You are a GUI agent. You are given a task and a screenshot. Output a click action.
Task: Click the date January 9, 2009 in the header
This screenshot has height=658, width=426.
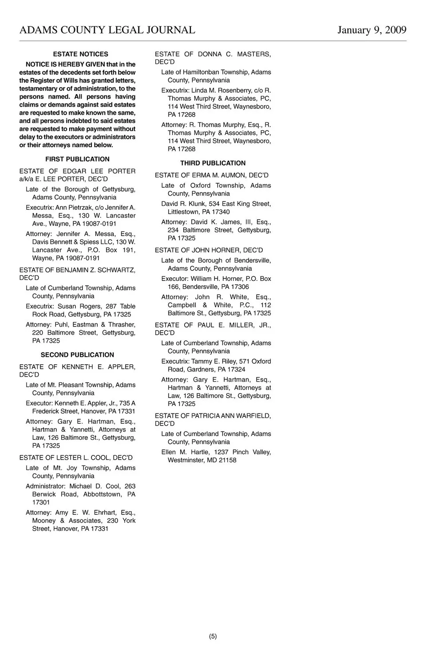tap(372, 30)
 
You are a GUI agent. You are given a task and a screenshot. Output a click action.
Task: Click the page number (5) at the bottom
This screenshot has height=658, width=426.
tap(213, 636)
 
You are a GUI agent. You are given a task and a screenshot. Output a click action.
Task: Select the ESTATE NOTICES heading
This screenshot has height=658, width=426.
tap(80, 54)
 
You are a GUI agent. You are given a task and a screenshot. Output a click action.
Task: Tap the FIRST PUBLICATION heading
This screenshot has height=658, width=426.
tap(77, 159)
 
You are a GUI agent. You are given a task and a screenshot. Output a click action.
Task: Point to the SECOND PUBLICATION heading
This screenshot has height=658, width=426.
tap(77, 355)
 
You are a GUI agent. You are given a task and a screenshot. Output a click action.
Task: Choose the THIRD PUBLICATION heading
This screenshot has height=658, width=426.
tap(213, 163)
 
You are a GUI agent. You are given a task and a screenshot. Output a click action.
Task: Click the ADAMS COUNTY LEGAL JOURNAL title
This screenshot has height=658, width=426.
tap(107, 30)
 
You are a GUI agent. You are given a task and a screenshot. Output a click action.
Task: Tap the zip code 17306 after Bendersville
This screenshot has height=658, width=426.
tap(239, 287)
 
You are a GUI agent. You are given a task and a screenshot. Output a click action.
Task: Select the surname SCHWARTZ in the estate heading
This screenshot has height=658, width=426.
tap(116, 270)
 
